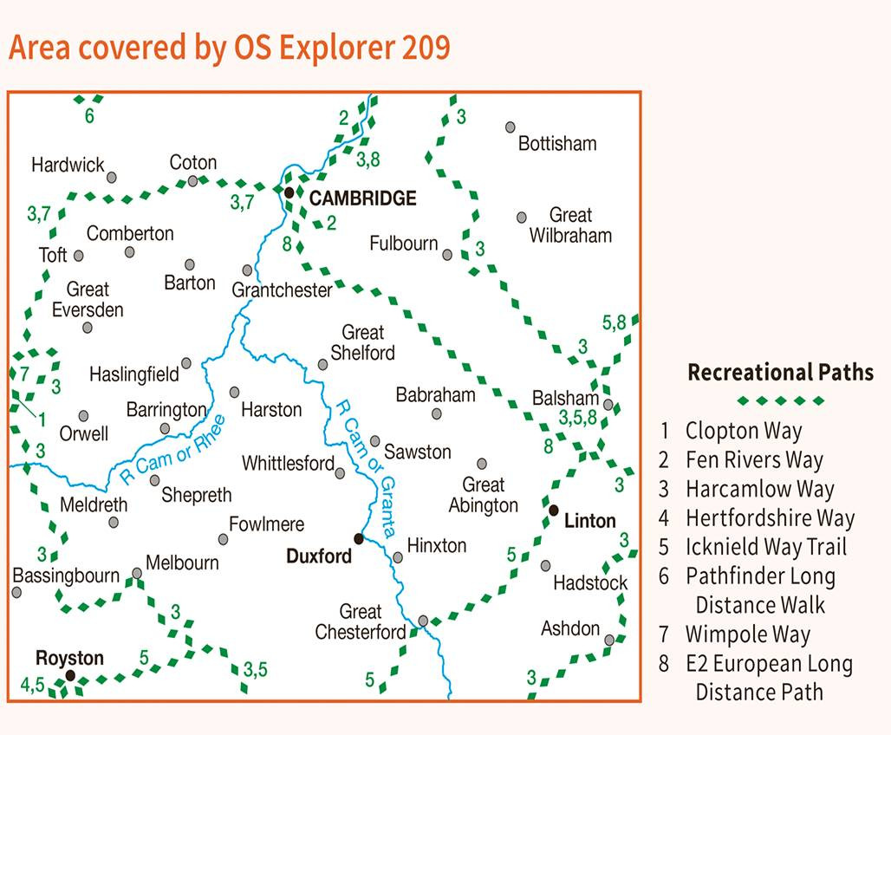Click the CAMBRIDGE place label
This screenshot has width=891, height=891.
[362, 198]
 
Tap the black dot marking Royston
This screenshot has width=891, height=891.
[71, 675]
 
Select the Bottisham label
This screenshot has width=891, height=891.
[557, 143]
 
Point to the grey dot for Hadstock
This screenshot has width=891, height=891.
[545, 565]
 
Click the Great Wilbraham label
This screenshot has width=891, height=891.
[570, 225]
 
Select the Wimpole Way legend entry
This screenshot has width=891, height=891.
[747, 634]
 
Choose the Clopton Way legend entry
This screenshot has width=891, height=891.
[743, 431]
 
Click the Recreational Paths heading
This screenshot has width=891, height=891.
[780, 373]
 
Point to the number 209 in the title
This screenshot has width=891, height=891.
[426, 48]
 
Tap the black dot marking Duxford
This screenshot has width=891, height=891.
[359, 538]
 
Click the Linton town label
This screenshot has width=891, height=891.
[589, 521]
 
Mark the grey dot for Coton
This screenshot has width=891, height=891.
[193, 181]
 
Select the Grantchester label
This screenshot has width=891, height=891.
[282, 290]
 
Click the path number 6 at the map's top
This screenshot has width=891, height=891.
[89, 116]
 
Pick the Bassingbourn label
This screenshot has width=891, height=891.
[66, 576]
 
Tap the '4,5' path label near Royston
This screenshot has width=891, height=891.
[32, 685]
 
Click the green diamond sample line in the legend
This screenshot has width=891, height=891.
[780, 400]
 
